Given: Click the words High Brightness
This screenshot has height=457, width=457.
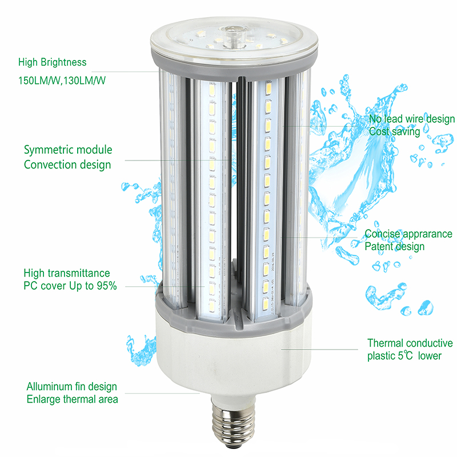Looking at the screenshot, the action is click(x=52, y=62).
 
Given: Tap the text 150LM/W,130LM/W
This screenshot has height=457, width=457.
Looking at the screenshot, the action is click(x=62, y=81).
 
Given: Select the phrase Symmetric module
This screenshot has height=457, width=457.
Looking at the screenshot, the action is click(x=68, y=150).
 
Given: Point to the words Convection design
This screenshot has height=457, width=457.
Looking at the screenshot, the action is click(x=67, y=165).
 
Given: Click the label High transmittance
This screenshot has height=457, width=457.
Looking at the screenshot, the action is click(x=67, y=273).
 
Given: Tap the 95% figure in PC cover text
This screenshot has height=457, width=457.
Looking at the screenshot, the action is click(x=107, y=286).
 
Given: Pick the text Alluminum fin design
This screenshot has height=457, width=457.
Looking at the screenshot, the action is click(x=72, y=387).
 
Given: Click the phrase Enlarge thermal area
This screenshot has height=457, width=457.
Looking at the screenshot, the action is click(x=73, y=399).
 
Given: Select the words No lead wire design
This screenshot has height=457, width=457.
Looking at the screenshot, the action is click(x=411, y=119).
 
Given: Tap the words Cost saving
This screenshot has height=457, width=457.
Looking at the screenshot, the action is click(x=394, y=131).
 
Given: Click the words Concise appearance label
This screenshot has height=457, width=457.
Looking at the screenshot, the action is click(x=408, y=234).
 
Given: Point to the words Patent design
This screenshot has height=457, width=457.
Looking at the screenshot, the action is click(x=394, y=247).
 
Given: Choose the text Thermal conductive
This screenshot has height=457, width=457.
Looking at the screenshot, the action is click(x=410, y=343).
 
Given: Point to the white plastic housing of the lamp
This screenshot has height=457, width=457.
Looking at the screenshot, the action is click(x=233, y=359).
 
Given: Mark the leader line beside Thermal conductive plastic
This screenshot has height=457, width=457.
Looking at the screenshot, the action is click(x=319, y=349).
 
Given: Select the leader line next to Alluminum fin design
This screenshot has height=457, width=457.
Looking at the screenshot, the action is click(x=162, y=394).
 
